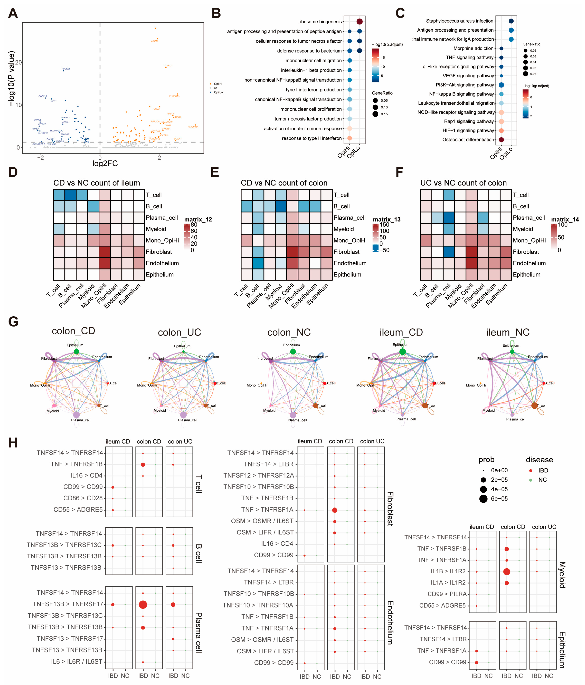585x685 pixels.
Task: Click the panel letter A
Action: (13, 13)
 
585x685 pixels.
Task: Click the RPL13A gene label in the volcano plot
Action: (66, 69)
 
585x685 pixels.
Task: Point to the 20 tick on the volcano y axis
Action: (18, 62)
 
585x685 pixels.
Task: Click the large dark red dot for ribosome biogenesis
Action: (360, 21)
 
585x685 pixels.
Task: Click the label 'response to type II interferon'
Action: (312, 138)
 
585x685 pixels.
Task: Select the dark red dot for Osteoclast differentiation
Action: (501, 139)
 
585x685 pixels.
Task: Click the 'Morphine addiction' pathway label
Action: (473, 48)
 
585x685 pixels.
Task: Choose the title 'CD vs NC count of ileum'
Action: (97, 183)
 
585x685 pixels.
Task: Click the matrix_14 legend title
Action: (565, 219)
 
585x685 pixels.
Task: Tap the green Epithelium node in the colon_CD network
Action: (76, 351)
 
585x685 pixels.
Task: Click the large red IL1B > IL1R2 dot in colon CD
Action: (506, 572)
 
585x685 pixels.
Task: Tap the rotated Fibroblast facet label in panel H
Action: (390, 508)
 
